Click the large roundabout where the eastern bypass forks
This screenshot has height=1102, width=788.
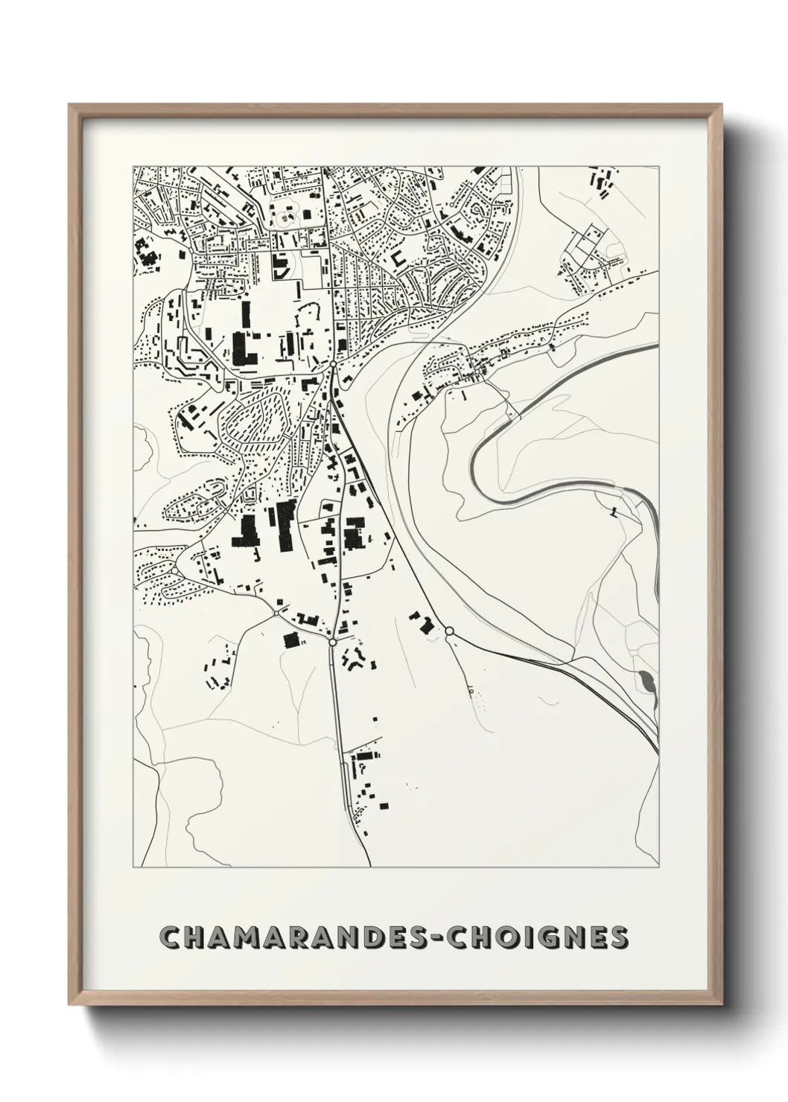click(449, 631)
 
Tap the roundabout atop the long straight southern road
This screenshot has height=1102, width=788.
click(333, 640)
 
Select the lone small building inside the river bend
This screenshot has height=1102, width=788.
click(614, 512)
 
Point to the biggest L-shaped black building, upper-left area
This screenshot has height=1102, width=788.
click(243, 348)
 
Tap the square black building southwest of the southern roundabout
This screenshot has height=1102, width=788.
click(290, 639)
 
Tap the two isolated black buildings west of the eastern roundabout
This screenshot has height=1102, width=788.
click(422, 622)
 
